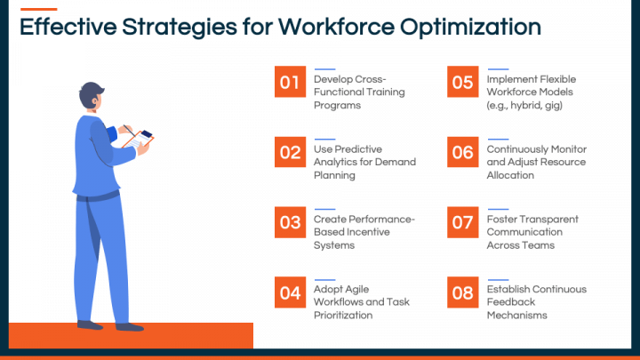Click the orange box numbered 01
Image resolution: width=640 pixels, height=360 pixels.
pyautogui.click(x=290, y=83)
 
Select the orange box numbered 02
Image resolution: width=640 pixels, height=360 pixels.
pyautogui.click(x=290, y=152)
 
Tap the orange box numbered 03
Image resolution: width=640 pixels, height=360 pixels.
pyautogui.click(x=290, y=222)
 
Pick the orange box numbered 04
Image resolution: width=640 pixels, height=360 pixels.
pyautogui.click(x=290, y=292)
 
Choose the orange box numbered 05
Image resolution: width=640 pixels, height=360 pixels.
pyautogui.click(x=462, y=83)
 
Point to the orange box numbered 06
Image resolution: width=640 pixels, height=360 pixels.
pyautogui.click(x=462, y=152)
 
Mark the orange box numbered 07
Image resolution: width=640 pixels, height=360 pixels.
pyautogui.click(x=462, y=222)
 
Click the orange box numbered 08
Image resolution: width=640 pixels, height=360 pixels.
pyautogui.click(x=462, y=292)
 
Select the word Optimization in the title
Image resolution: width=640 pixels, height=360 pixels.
pyautogui.click(x=470, y=28)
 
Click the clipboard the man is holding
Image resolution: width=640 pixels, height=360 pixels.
pyautogui.click(x=135, y=138)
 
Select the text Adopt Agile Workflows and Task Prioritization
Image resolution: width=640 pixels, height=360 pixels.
pyautogui.click(x=353, y=302)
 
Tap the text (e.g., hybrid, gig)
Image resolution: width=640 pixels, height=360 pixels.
pyautogui.click(x=524, y=105)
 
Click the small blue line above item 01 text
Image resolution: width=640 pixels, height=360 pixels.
pyautogui.click(x=324, y=68)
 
